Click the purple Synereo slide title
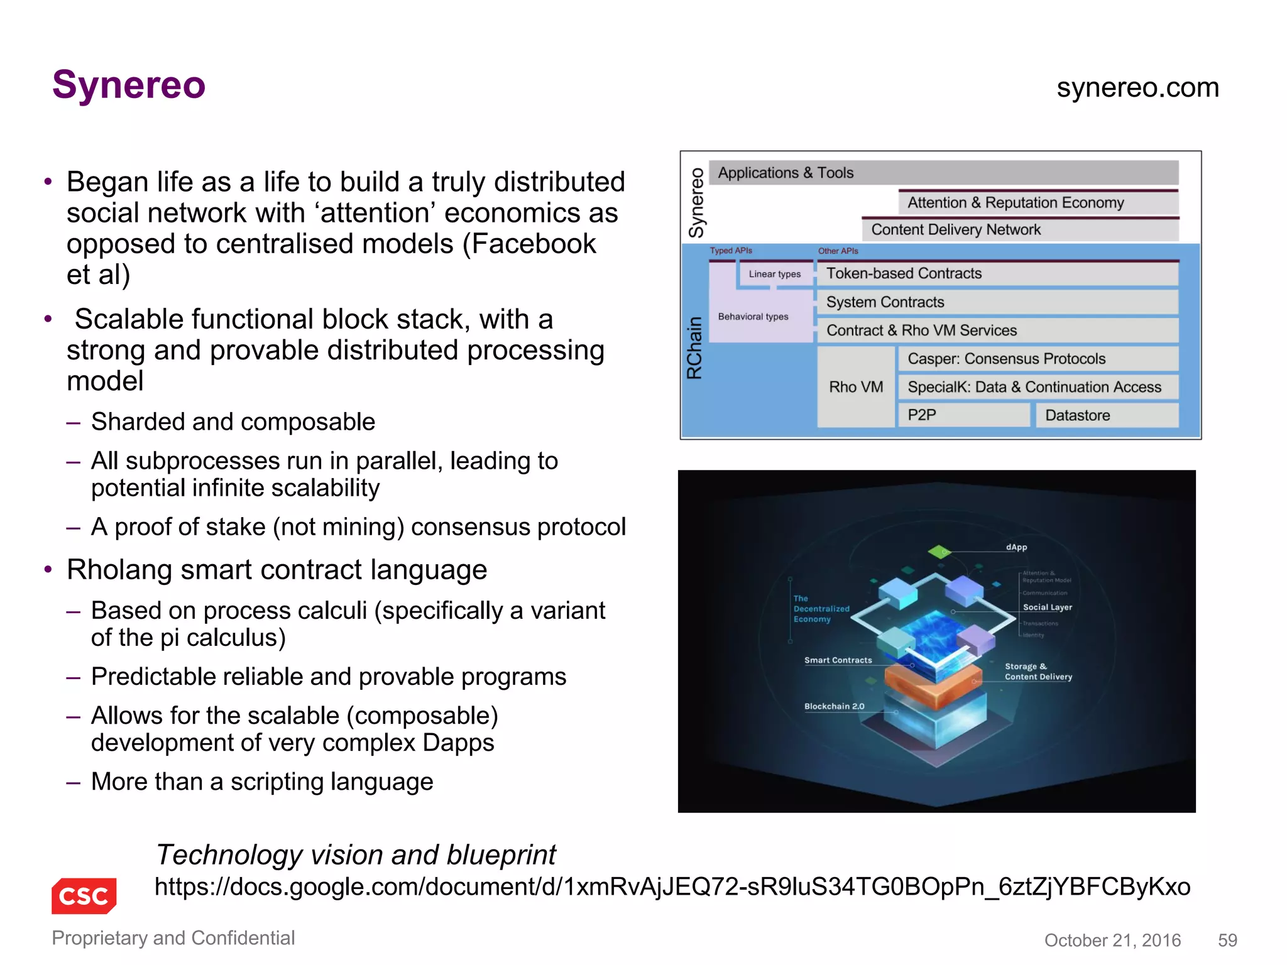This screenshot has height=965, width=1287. coord(129,85)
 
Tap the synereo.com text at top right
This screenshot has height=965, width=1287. coord(1137,87)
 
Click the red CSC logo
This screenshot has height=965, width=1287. coord(84,895)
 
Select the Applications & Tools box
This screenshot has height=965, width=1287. coord(943,173)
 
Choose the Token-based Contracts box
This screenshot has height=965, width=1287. coord(997,273)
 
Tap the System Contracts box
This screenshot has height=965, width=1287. coord(997,302)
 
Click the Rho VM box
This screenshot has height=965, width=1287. coord(856,387)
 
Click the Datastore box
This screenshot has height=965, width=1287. coord(1106,415)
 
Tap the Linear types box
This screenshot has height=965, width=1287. coord(775,275)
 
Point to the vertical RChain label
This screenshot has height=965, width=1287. coord(694,348)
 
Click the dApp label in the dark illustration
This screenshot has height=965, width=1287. coord(1016,547)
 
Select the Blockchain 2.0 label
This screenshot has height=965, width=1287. coord(834,706)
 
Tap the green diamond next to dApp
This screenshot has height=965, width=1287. coord(939,552)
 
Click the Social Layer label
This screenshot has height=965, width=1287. coord(1047,608)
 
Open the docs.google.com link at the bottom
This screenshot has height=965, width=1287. coord(672,886)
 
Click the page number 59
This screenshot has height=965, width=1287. coord(1227,940)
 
